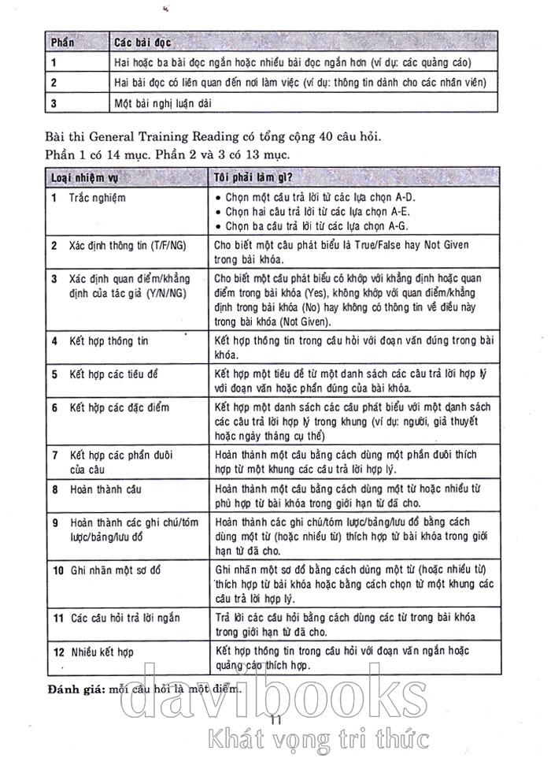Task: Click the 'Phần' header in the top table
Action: pyautogui.click(x=63, y=41)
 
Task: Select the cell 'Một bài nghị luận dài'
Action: pyautogui.click(x=163, y=102)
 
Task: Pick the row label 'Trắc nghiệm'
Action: pyautogui.click(x=97, y=198)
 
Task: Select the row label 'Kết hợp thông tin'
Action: pyautogui.click(x=109, y=341)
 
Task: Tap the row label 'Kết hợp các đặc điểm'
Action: pyautogui.click(x=119, y=408)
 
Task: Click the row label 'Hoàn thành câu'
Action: pyautogui.click(x=105, y=489)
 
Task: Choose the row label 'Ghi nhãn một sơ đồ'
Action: pyautogui.click(x=115, y=569)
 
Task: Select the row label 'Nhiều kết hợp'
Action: pyautogui.click(x=102, y=652)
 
